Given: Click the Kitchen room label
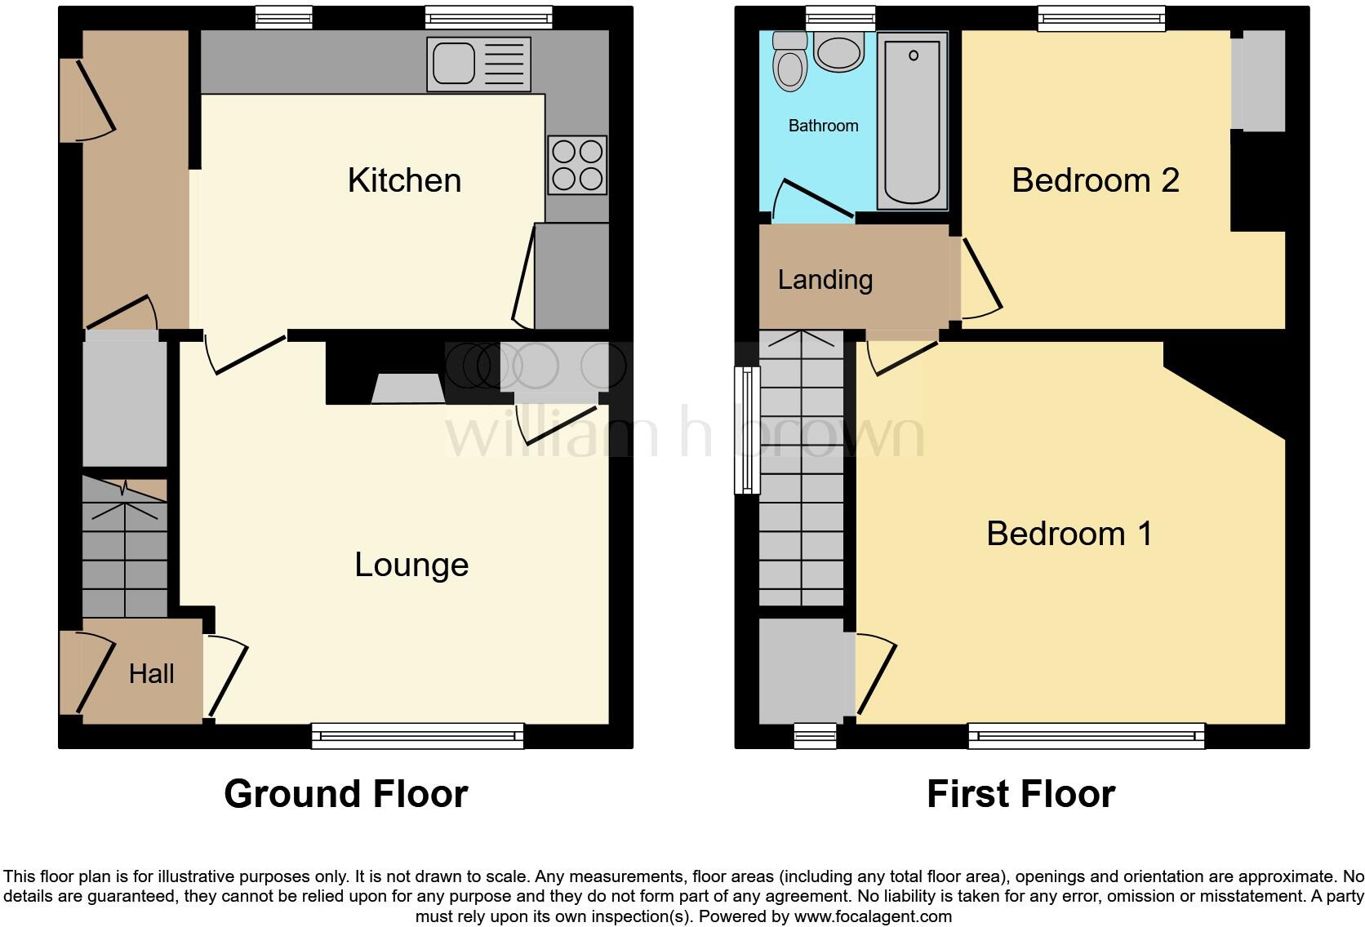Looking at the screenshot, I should (404, 180).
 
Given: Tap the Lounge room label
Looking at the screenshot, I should (411, 565).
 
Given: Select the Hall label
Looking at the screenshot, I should (152, 674).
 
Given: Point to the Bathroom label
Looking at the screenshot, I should (823, 126).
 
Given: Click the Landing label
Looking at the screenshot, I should (825, 280).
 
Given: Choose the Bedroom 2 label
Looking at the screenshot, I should (1095, 180).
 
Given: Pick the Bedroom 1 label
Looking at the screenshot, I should (1069, 534).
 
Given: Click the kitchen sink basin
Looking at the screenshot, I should (454, 64).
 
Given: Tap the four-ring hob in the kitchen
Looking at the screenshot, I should (577, 165).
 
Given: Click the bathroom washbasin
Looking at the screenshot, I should (838, 54).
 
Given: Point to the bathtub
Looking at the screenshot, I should (912, 121).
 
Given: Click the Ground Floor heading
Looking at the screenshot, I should (345, 794).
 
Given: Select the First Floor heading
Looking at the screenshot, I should (1020, 794).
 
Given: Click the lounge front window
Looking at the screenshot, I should (417, 736).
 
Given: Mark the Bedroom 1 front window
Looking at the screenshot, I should (1086, 736).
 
